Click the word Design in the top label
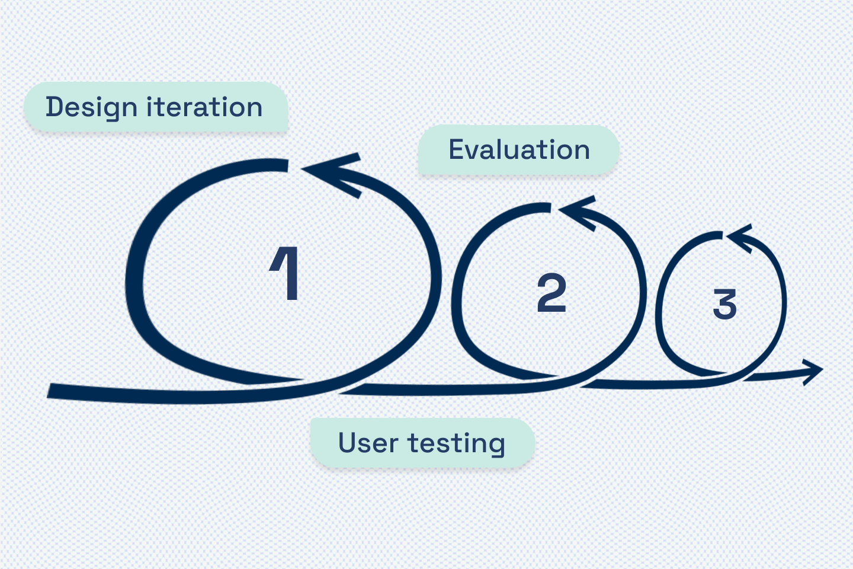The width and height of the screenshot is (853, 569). [91, 107]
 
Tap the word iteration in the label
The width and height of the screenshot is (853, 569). [204, 107]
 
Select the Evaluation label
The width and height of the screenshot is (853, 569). [519, 150]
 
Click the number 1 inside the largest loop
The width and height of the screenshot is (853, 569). [286, 273]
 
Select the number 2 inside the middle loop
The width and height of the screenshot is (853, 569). [551, 293]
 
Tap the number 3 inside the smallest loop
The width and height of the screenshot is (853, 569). [724, 304]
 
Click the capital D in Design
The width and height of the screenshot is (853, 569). [54, 107]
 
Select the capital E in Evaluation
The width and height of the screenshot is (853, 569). [457, 149]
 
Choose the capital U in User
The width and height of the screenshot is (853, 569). [348, 442]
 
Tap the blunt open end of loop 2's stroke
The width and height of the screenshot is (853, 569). [547, 208]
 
